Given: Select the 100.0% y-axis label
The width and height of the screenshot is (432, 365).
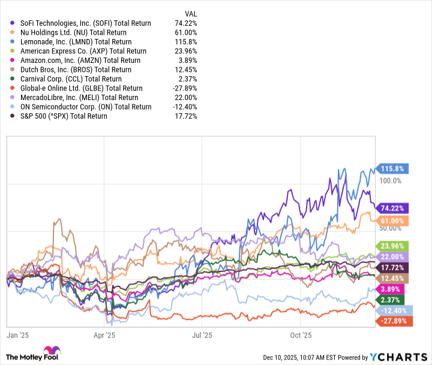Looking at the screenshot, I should tap(389, 180).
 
